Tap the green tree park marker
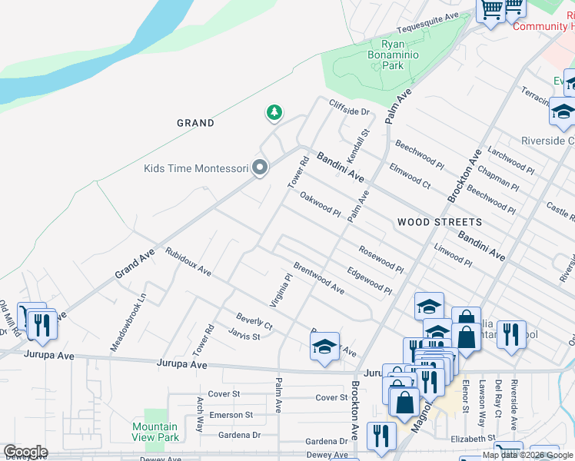274,114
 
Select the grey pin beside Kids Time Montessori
260,167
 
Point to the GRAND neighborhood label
195,123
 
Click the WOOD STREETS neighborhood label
440,222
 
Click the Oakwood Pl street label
320,204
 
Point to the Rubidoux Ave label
188,261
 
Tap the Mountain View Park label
155,432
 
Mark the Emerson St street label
231,415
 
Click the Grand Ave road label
135,263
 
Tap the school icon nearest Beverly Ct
325,347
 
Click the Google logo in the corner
25,452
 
